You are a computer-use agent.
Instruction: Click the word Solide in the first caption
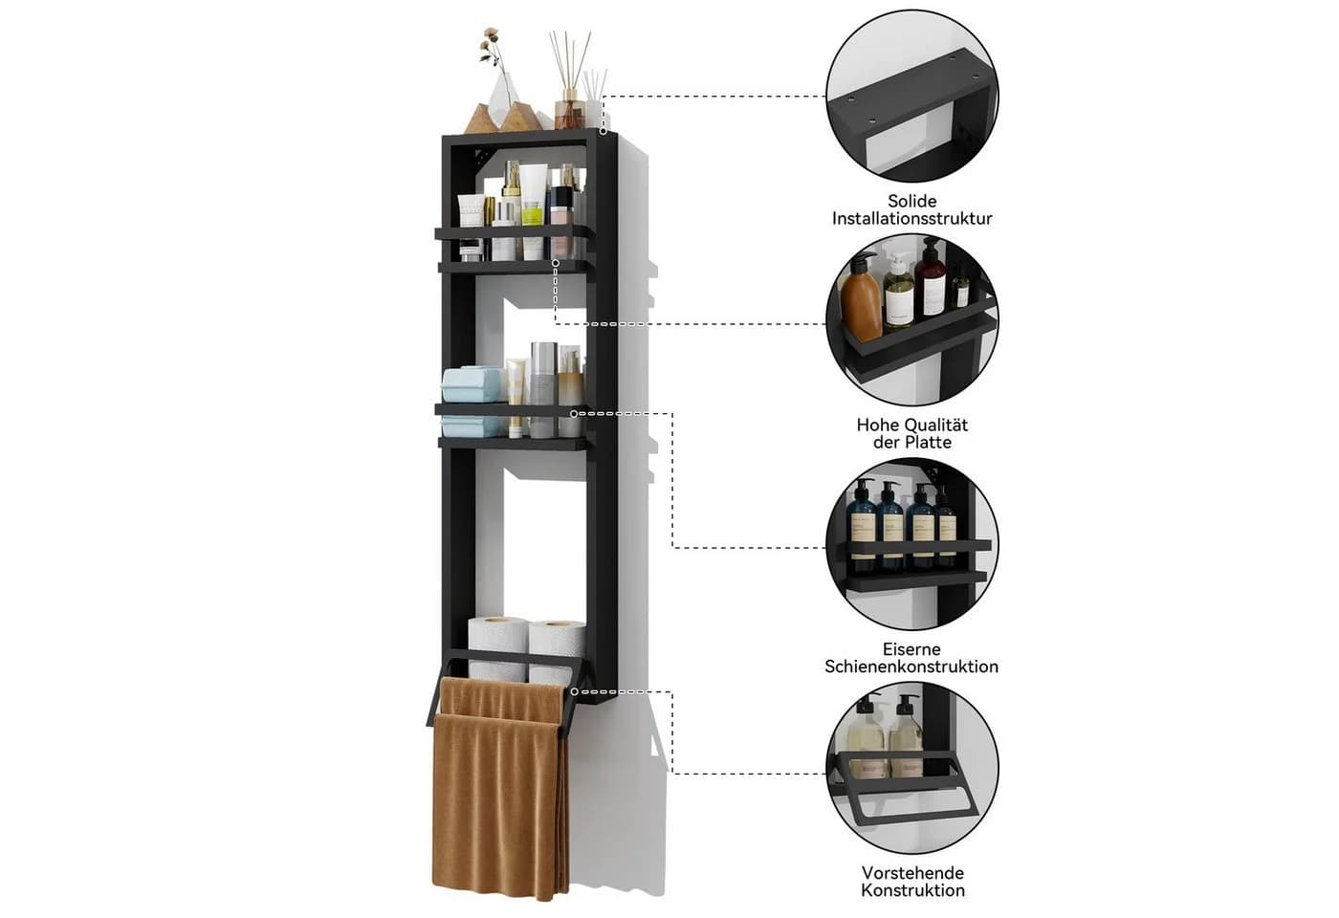point(911,201)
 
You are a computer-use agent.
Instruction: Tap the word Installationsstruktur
point(911,219)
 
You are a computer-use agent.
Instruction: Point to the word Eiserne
point(911,649)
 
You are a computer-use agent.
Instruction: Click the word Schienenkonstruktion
point(911,667)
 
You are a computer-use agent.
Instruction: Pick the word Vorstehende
point(912,873)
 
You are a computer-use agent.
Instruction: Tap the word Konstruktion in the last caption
point(912,890)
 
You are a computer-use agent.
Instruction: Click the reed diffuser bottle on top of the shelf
point(568,113)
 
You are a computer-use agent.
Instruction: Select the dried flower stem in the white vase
point(495,59)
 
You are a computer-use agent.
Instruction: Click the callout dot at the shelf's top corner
point(604,131)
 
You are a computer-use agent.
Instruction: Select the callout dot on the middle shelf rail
point(574,413)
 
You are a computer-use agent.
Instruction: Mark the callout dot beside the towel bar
point(574,691)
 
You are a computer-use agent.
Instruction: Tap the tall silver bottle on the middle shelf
point(543,388)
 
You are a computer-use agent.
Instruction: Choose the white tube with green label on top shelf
point(533,211)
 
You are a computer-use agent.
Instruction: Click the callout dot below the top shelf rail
point(556,263)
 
